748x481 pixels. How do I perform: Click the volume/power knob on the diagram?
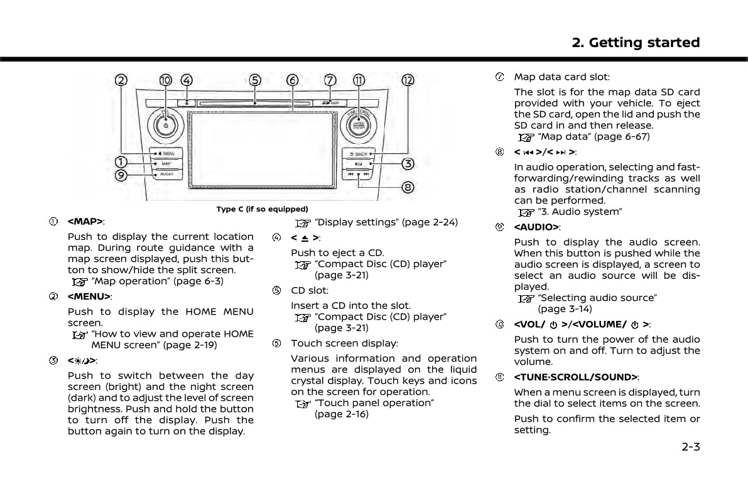(x=165, y=124)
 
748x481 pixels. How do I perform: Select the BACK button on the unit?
(x=359, y=153)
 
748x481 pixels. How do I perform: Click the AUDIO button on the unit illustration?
(x=166, y=174)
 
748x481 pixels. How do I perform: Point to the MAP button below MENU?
(x=166, y=163)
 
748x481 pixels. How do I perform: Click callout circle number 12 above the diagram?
(x=408, y=80)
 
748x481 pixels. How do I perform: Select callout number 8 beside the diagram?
(x=408, y=187)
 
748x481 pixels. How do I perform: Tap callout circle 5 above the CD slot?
(x=255, y=80)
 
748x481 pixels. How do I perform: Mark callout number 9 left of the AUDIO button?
(x=120, y=176)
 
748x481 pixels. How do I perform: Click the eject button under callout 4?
(x=187, y=102)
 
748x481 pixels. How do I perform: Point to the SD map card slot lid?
(x=330, y=102)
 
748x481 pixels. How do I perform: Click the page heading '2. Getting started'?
(x=636, y=43)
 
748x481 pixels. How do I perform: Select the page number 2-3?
(x=690, y=447)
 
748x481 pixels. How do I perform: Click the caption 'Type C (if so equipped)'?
(x=263, y=209)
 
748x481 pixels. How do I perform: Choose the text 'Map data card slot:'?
(x=561, y=77)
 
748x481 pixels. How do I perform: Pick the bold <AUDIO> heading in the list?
(x=536, y=227)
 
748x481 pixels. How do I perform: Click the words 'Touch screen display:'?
(x=344, y=343)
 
